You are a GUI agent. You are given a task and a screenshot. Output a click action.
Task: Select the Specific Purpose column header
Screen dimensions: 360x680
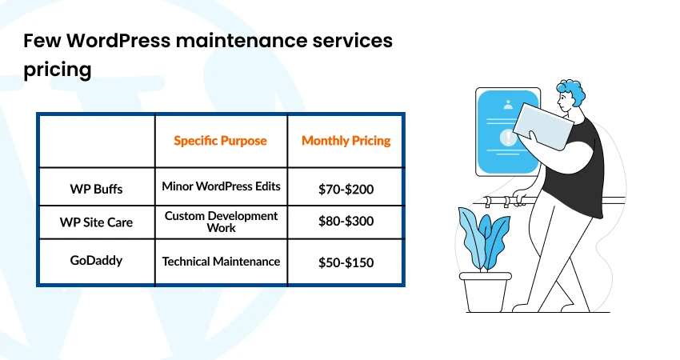click(x=220, y=140)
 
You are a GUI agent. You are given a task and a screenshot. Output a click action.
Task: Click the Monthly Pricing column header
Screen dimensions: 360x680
click(x=346, y=140)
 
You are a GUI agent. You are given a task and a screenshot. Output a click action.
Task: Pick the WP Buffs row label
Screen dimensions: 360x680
click(x=96, y=190)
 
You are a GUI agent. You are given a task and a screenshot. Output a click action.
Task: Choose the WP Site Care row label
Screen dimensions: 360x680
click(x=96, y=222)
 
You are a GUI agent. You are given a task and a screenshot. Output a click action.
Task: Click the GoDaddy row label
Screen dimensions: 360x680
click(x=96, y=261)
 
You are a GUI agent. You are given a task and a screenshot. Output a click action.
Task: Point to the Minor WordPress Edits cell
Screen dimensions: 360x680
click(x=221, y=186)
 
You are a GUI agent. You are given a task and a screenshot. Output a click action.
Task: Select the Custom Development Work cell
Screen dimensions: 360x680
click(x=221, y=222)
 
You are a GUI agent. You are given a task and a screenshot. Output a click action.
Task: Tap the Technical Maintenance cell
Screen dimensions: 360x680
click(x=221, y=261)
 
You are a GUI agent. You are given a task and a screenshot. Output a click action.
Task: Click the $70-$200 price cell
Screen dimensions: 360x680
click(x=346, y=190)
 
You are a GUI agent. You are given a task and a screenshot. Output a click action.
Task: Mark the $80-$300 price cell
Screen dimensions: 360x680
click(x=346, y=222)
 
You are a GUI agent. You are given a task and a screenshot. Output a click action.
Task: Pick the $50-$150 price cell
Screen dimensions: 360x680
click(x=346, y=262)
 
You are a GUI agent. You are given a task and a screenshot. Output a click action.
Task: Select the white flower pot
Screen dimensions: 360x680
click(x=485, y=293)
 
